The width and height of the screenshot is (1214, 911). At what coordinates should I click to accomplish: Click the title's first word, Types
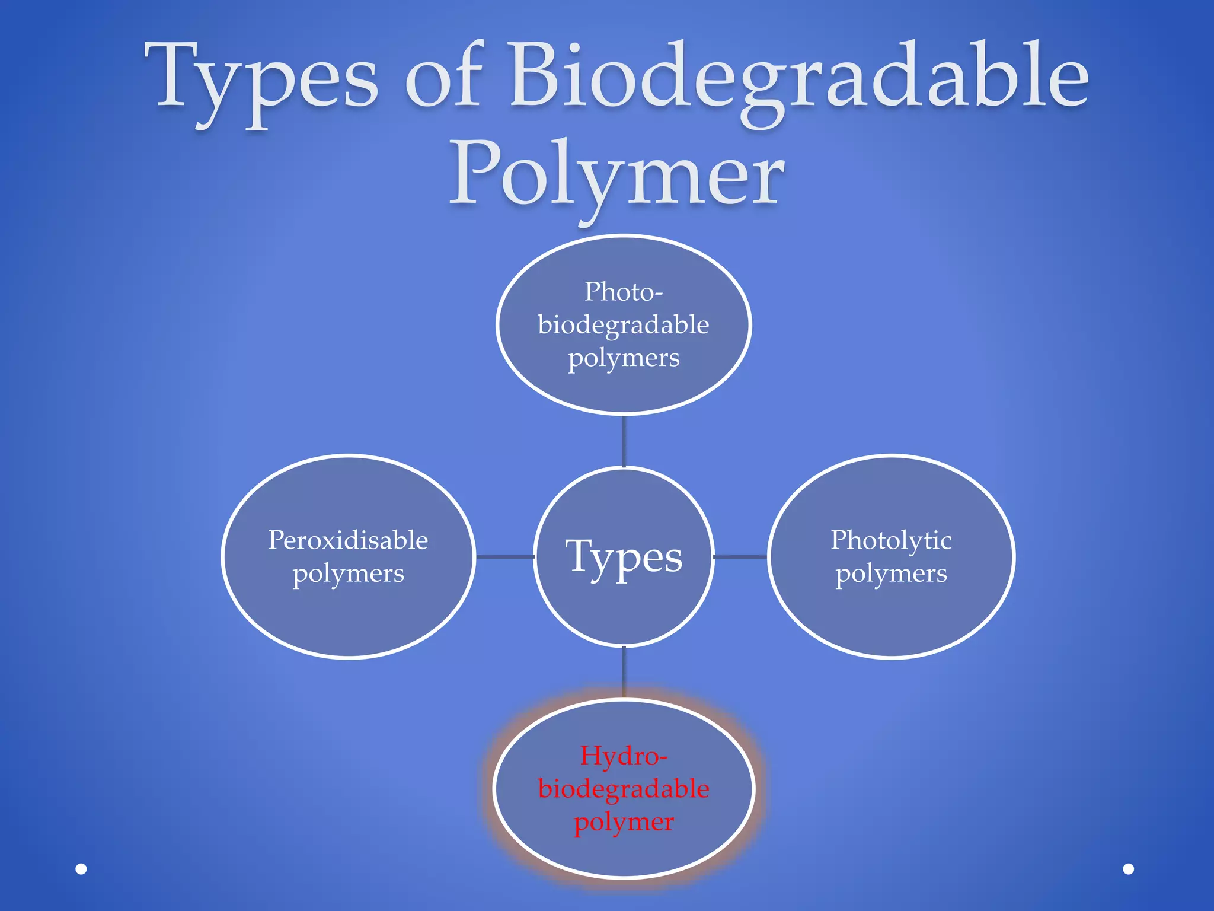(x=261, y=77)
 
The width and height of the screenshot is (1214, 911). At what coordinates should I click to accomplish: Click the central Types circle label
(x=624, y=558)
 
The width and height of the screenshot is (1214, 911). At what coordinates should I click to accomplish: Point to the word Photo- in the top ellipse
(x=624, y=292)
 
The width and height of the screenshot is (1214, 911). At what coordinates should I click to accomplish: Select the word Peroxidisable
(x=348, y=540)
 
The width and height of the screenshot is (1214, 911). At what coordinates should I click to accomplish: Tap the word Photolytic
(x=891, y=540)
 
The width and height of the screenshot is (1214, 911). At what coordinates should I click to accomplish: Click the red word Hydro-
(x=624, y=756)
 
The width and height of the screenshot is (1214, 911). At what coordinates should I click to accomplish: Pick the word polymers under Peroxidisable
(x=348, y=574)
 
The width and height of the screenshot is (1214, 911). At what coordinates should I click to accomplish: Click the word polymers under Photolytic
(x=891, y=574)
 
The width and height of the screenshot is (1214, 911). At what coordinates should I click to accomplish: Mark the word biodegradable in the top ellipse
(x=624, y=325)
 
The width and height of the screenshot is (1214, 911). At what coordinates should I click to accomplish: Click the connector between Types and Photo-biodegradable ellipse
(x=624, y=441)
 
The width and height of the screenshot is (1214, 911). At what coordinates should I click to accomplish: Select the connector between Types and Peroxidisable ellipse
(x=504, y=556)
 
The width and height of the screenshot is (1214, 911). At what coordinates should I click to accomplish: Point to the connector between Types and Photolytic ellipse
(x=740, y=556)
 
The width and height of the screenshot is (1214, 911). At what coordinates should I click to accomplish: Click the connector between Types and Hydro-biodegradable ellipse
(x=624, y=672)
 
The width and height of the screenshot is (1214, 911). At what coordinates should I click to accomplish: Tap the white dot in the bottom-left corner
(x=81, y=869)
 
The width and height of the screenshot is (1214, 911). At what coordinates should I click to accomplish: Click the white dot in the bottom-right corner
(x=1129, y=869)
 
